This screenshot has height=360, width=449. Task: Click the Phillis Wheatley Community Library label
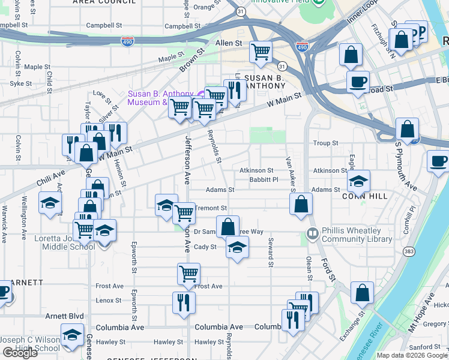click(x=357, y=234)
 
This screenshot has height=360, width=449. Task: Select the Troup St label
click(x=326, y=143)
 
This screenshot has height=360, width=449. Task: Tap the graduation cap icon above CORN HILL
click(x=358, y=180)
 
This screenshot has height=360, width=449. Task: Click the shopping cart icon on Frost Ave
click(x=189, y=274)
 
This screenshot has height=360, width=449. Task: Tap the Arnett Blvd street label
click(x=64, y=316)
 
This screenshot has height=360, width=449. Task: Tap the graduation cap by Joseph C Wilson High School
click(x=72, y=334)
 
